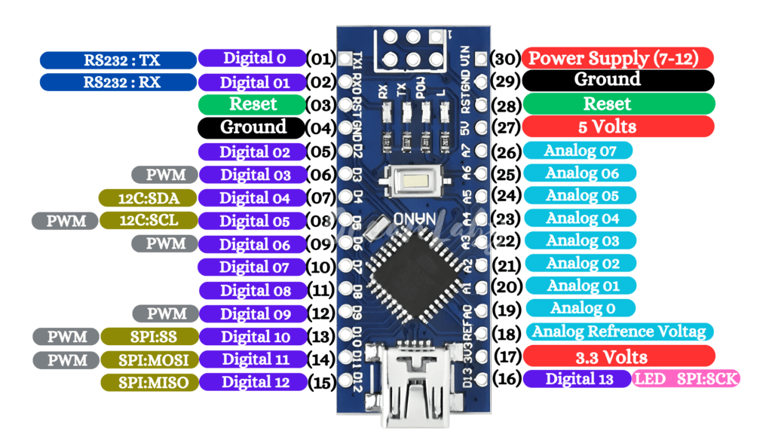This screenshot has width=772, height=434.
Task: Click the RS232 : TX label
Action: coord(118,60)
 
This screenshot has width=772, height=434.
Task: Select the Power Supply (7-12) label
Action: coord(618,58)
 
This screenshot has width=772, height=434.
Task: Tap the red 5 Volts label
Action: coord(618,127)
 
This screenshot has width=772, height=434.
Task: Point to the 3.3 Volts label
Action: coord(618,356)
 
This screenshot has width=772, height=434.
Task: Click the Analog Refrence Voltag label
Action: coord(619,332)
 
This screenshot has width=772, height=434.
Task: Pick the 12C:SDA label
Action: coord(148,197)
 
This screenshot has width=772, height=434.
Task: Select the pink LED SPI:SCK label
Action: coord(687,379)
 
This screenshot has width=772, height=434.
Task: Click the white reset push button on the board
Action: coord(412,181)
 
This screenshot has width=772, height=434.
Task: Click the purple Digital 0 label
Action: coord(252,58)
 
